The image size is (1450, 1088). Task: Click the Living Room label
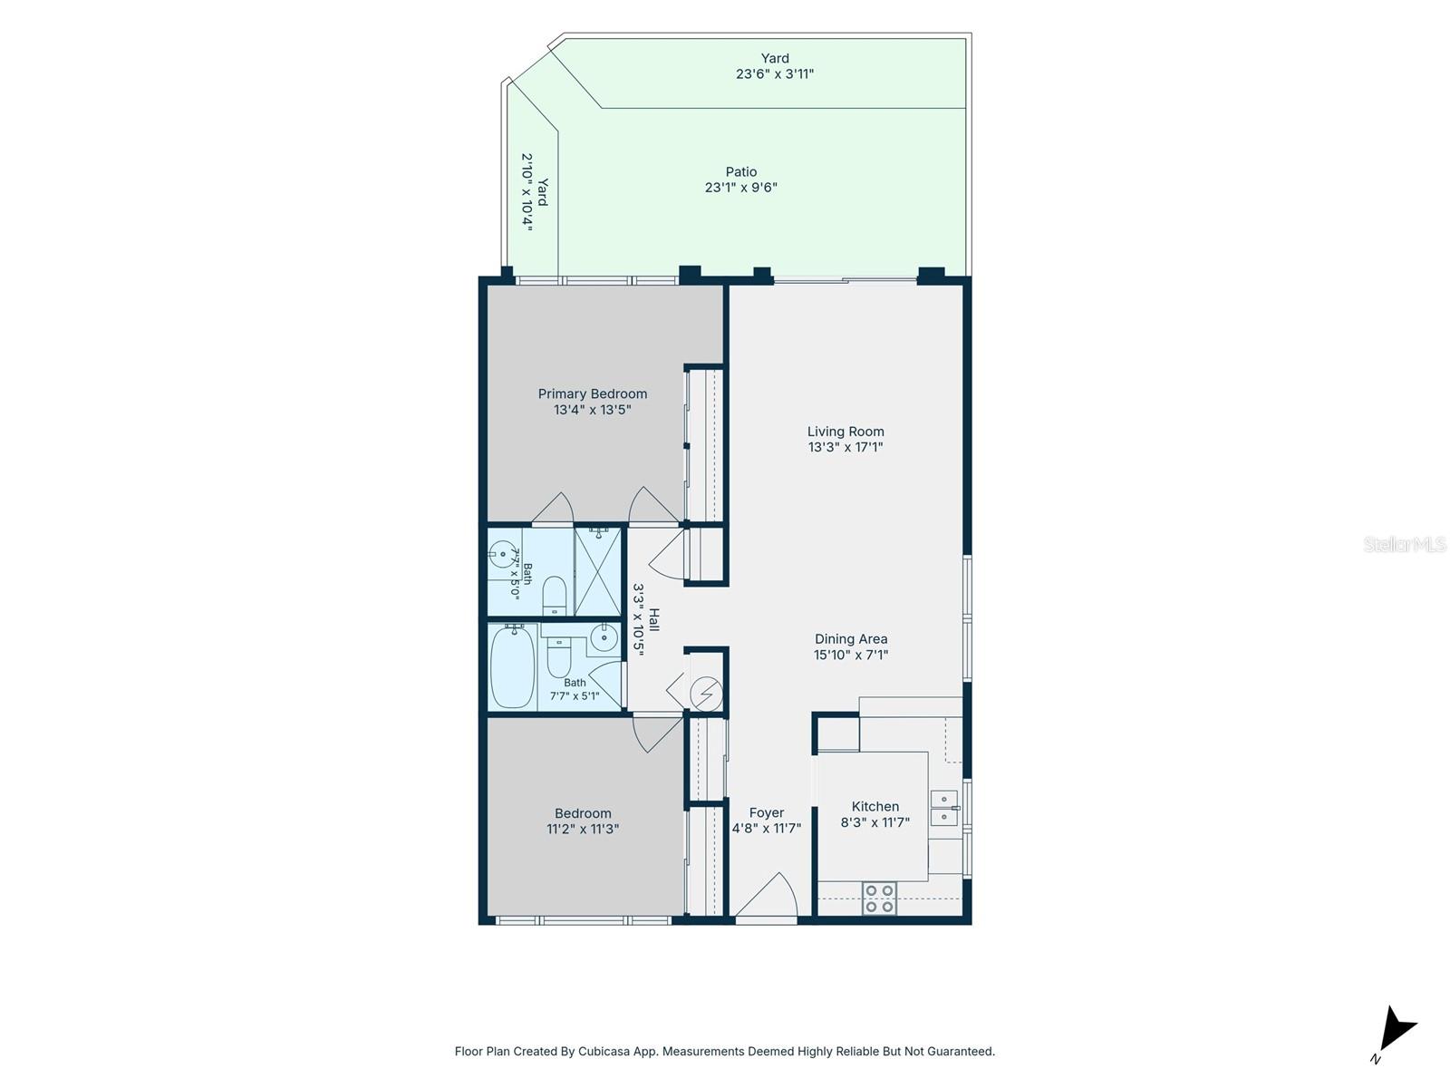pos(845,432)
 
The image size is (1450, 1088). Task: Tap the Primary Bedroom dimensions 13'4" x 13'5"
pos(592,410)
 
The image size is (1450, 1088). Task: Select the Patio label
pos(740,171)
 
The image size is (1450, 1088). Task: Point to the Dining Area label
pos(850,639)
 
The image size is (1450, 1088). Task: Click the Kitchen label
pos(875,806)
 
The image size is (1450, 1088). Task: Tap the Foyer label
pos(767,812)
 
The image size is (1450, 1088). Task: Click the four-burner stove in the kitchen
pos(879,899)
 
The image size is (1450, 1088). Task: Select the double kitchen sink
pos(944,808)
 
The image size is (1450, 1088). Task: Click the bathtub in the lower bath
pos(513,665)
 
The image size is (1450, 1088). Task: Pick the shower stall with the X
pos(597,571)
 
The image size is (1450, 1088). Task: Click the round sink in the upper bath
pos(501,554)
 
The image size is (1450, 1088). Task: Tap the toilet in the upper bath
pos(554,595)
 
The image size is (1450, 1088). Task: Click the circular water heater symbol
pos(705,694)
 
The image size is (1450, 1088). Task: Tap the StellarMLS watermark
pos(1405,544)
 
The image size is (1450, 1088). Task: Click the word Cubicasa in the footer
pos(604,1051)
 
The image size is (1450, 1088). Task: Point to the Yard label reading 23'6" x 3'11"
pos(774,66)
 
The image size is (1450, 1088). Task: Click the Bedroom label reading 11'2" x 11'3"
pos(582,821)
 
